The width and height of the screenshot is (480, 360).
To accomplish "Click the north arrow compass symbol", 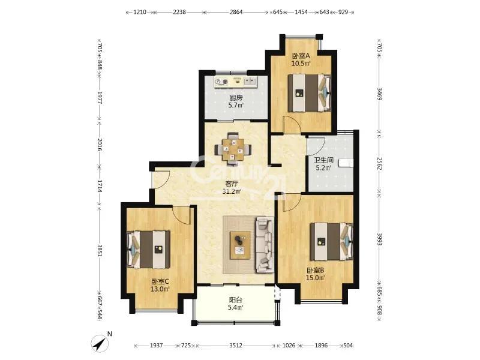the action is coord(100,343).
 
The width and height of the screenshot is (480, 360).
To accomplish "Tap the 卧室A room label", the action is coord(301,56).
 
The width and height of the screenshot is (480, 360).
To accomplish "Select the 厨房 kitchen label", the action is coord(236,98).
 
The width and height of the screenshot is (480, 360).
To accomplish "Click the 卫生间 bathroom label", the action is coord(323,160).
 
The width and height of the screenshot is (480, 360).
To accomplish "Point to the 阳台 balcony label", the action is coord(236,300).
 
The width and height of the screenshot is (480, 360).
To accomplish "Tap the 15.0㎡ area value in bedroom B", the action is coord(316,278).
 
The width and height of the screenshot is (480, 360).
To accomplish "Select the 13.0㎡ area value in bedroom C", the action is coord(160,289).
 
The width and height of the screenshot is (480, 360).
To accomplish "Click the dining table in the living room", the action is coord(233,149).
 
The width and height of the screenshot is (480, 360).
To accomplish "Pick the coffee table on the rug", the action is coord(240,245).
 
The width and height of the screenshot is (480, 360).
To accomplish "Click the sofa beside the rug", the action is coord(265,245).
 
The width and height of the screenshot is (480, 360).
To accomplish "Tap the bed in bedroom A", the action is coord(310,93).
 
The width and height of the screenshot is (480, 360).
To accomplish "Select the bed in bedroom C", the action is coord(148,250).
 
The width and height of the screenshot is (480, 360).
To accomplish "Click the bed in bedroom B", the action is coord(332,242).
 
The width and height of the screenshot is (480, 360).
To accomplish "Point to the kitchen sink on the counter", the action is coord(250,82).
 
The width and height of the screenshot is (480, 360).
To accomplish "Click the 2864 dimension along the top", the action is coord(236,12).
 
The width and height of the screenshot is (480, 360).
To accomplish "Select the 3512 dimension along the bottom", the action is coord(236,346).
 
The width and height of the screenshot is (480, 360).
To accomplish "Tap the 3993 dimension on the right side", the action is coord(380,239).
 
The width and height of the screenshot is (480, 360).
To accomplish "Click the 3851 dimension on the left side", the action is coord(99,250).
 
